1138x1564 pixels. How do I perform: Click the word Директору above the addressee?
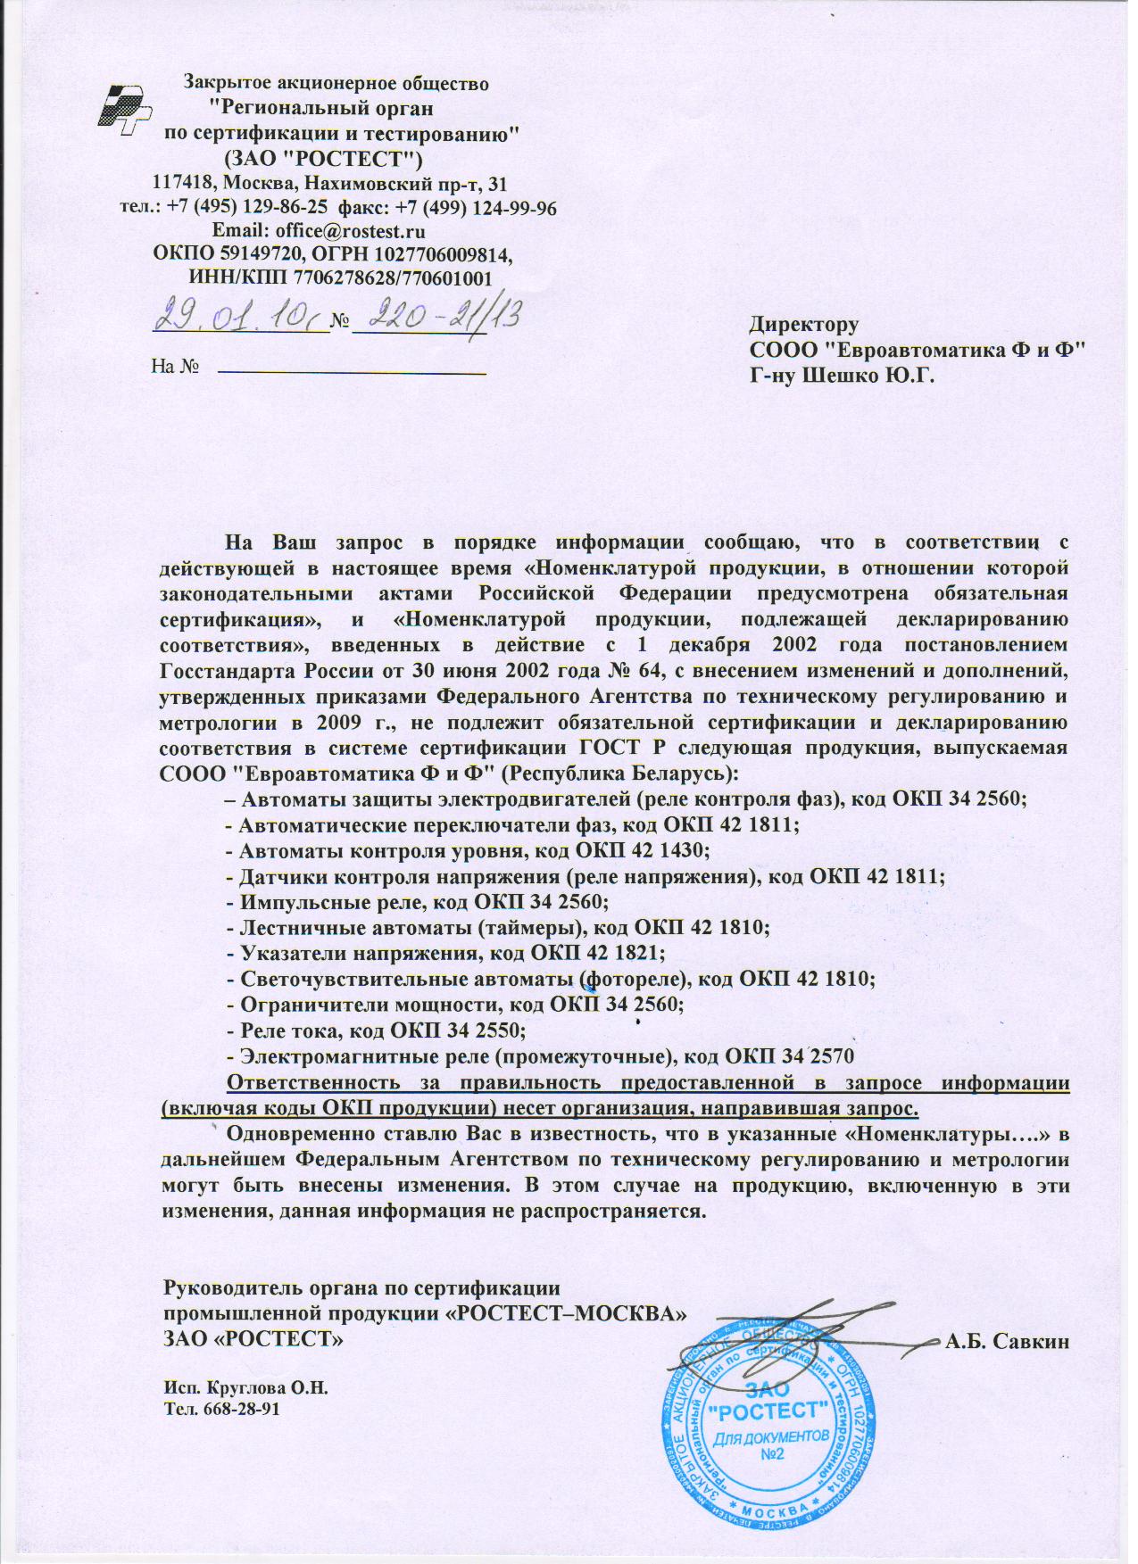804,325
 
